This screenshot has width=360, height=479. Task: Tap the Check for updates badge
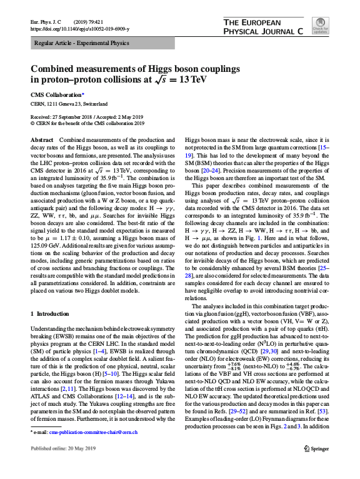(x=319, y=28)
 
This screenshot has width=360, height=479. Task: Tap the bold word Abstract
(x=42, y=141)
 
